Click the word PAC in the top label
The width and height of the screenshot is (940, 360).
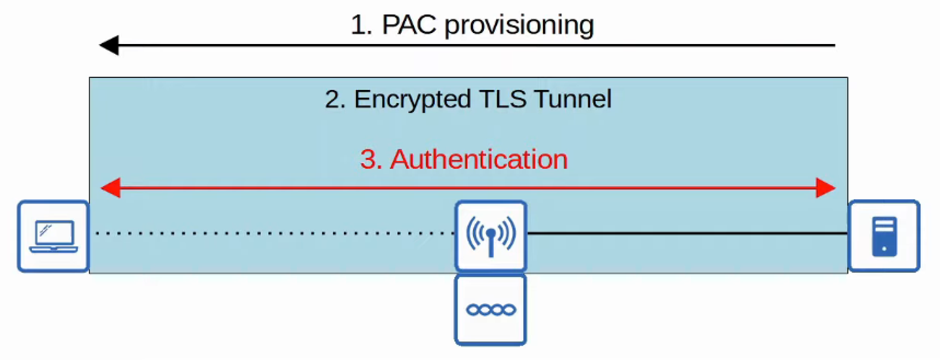coord(409,25)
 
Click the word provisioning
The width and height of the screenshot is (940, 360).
coord(519,26)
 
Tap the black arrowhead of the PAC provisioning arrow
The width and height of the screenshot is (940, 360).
coord(109,45)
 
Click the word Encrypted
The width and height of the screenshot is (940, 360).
coord(412,99)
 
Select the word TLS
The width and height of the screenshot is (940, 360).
coord(503,99)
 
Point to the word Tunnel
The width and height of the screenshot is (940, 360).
coord(573,99)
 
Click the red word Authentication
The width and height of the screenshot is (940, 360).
coord(479,160)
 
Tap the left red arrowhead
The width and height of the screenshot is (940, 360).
coord(111,188)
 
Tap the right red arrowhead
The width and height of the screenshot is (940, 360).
coord(825,188)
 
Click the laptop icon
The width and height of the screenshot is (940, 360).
coord(54,236)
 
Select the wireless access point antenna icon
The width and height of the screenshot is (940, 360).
coord(491,235)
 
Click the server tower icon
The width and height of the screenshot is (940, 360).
coord(884,236)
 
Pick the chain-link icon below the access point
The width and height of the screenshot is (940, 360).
coord(491,310)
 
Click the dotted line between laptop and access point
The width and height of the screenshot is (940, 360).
coord(273,233)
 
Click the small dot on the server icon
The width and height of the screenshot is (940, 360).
coord(884,249)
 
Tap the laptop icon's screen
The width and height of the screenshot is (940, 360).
coord(55,233)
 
